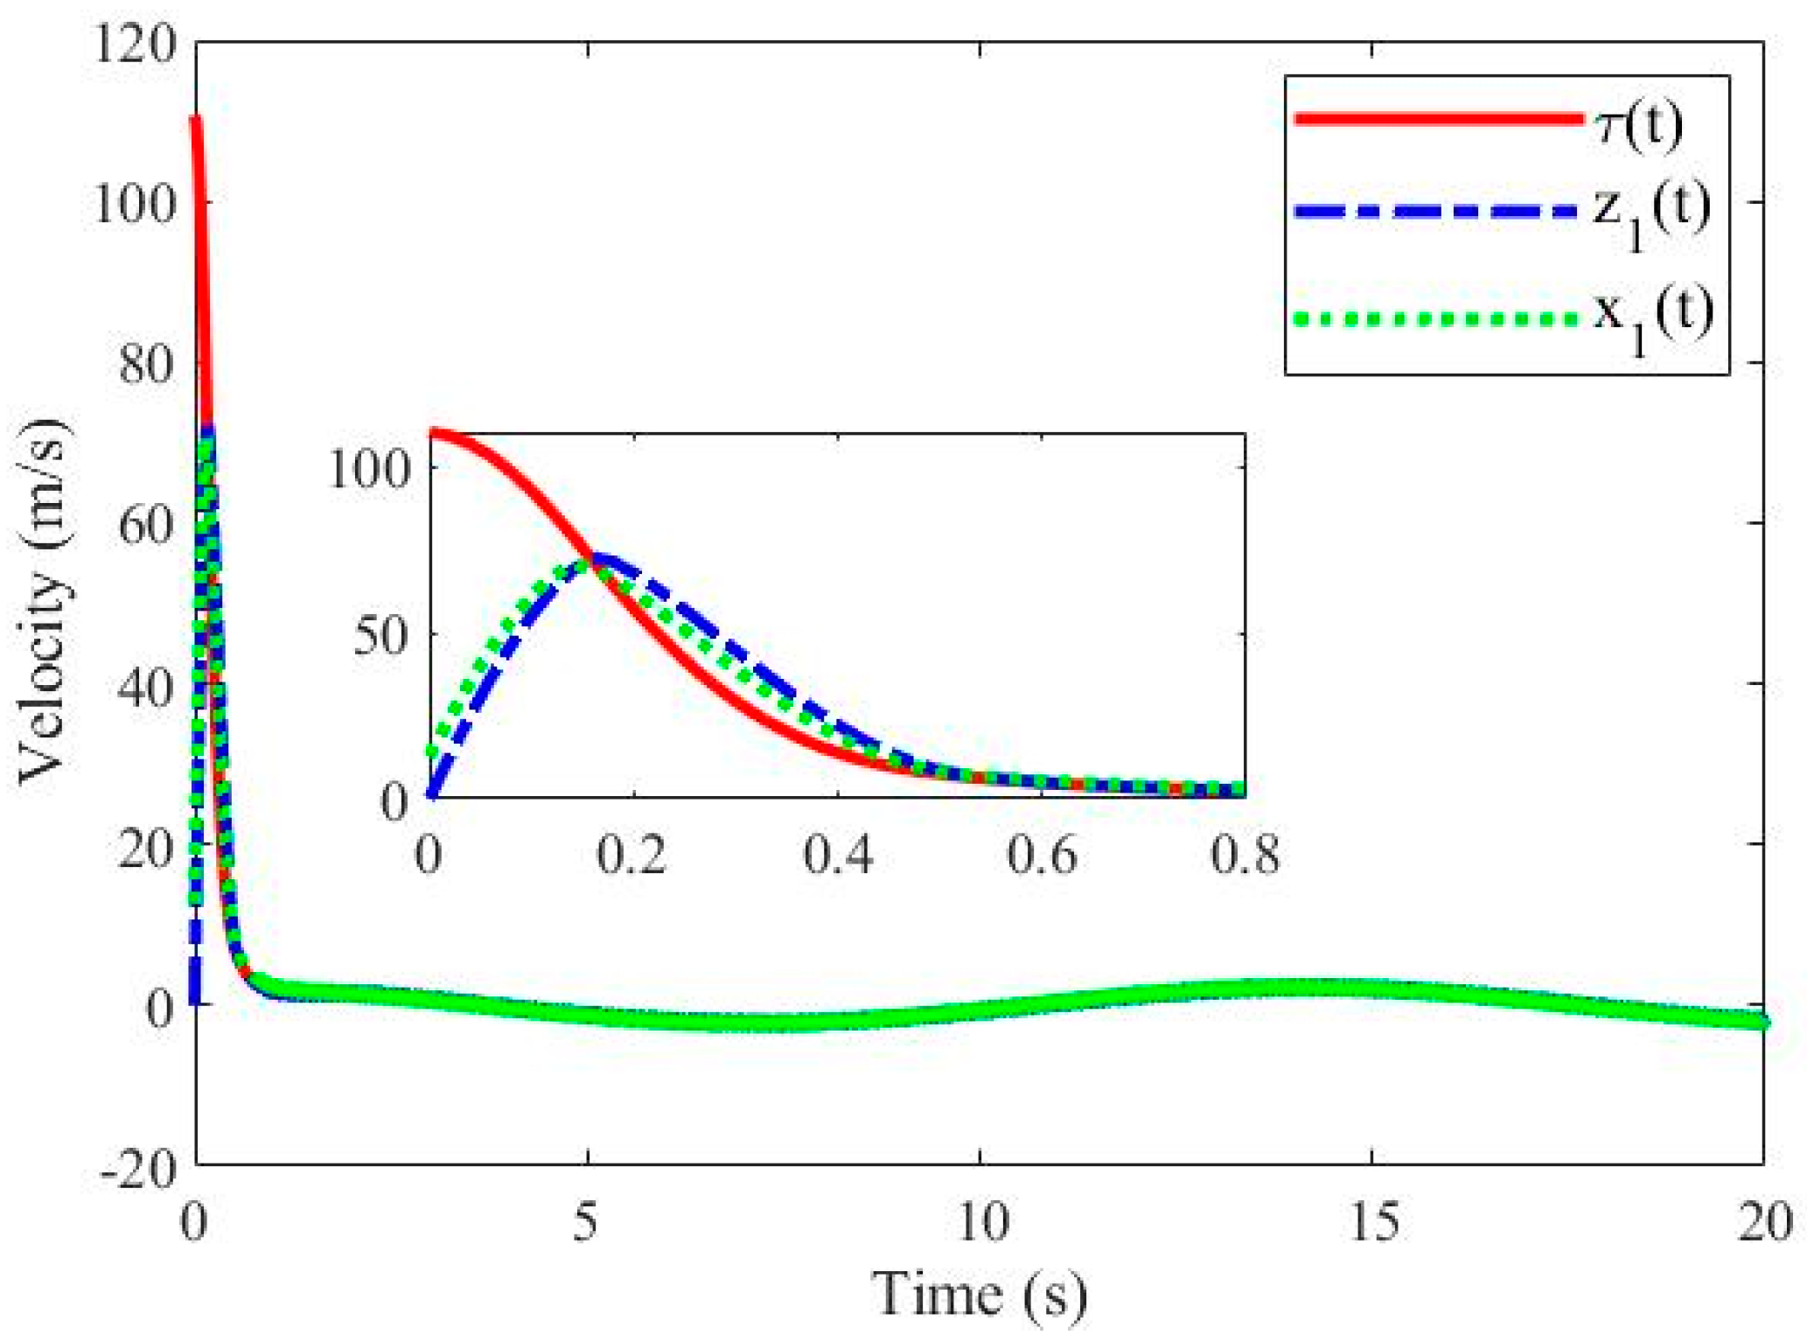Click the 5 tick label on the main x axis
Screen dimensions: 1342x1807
pos(587,1222)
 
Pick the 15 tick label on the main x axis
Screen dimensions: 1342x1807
pos(1372,1222)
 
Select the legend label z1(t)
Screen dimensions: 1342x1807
pos(1650,214)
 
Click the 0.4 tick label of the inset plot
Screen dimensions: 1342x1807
pos(838,855)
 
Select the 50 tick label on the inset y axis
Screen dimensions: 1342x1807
pos(381,636)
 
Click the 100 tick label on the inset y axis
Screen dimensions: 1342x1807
pos(369,470)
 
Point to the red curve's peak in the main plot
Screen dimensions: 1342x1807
pos(196,120)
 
